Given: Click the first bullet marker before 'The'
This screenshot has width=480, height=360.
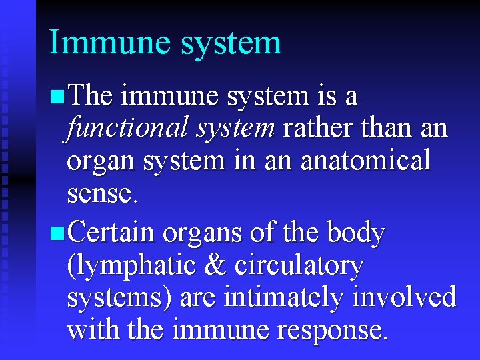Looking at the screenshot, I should click(x=57, y=98).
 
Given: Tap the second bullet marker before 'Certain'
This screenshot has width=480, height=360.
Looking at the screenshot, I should click(x=57, y=234).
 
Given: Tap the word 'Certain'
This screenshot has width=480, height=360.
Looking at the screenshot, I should click(x=111, y=233).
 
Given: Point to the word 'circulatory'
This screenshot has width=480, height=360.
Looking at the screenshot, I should click(x=299, y=266).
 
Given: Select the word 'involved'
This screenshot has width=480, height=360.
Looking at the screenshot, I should click(x=409, y=297).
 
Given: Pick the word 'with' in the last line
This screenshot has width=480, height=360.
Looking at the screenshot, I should click(x=91, y=329).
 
